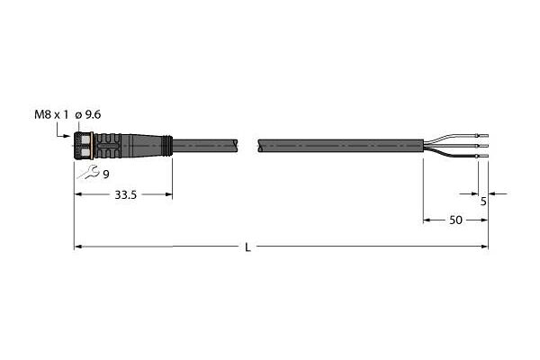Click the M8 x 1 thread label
pos(51,114)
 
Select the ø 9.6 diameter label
pos(88,114)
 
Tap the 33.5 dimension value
pos(125,195)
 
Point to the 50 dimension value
pos(455,220)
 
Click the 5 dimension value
pos(483,202)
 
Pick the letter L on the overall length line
pos(247,247)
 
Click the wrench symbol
pos(88,172)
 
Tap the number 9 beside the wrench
pos(106,175)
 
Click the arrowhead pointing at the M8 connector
pos(69,136)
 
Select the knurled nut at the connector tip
pos(84,146)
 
